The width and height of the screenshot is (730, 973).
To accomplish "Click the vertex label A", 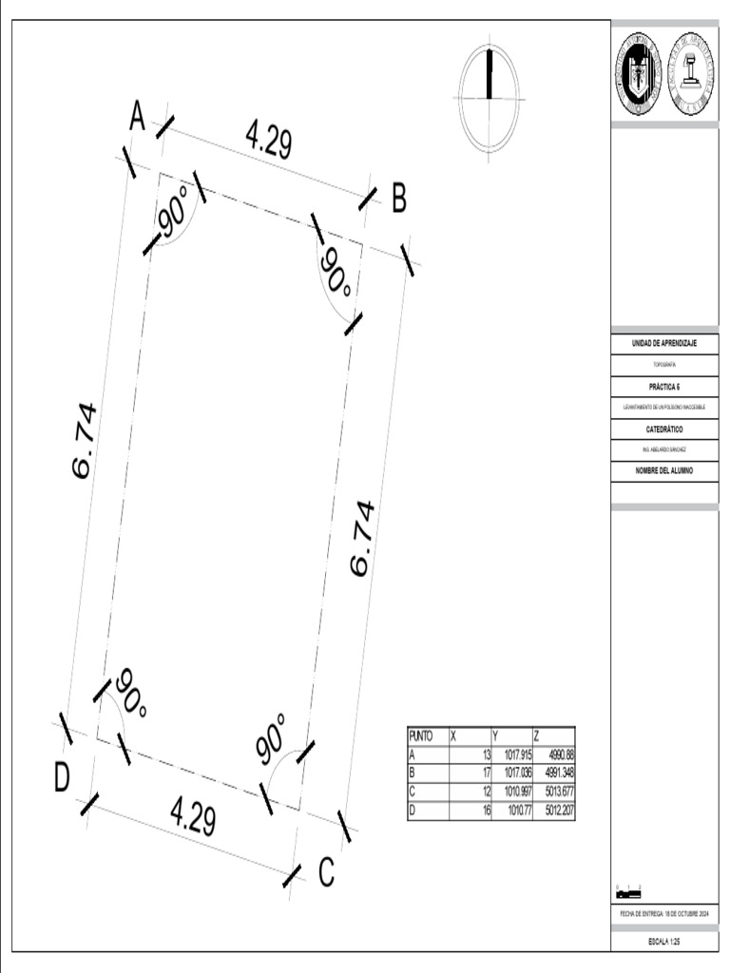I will pyautogui.click(x=137, y=118).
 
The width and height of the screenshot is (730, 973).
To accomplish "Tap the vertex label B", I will pyautogui.click(x=399, y=200).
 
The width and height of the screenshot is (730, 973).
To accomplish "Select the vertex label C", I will pyautogui.click(x=326, y=872).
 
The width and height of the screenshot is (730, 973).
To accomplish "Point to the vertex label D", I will pyautogui.click(x=62, y=777).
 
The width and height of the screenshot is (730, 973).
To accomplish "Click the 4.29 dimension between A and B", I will pyautogui.click(x=269, y=141).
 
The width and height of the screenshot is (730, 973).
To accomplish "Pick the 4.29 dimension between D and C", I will pyautogui.click(x=193, y=816).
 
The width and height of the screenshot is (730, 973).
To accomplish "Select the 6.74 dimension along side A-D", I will pyautogui.click(x=84, y=440).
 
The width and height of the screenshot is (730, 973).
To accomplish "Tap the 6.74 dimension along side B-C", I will pyautogui.click(x=362, y=538).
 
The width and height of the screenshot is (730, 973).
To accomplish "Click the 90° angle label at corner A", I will pyautogui.click(x=175, y=212).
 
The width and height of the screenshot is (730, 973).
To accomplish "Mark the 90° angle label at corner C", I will pyautogui.click(x=272, y=739).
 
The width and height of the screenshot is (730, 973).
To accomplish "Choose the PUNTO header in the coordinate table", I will pyautogui.click(x=421, y=735).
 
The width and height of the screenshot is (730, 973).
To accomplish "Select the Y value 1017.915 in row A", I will pyautogui.click(x=511, y=754).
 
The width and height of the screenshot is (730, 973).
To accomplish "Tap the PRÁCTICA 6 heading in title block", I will pyautogui.click(x=664, y=387).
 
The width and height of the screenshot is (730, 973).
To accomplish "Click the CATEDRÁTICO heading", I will pyautogui.click(x=664, y=429).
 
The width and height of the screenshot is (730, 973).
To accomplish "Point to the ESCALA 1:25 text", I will pyautogui.click(x=664, y=941).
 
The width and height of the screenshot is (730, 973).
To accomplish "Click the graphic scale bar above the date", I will pyautogui.click(x=628, y=893).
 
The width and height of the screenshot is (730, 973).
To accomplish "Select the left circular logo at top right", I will pyautogui.click(x=637, y=75).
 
